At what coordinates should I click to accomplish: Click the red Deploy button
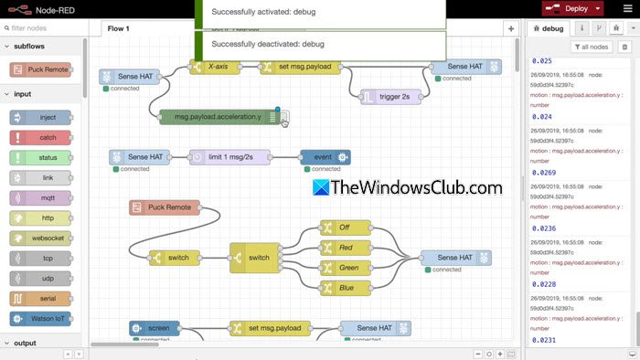tap(568, 8)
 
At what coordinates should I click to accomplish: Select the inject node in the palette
tap(41, 118)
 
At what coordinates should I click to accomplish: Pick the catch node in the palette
tap(41, 138)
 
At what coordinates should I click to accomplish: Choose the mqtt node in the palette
tap(41, 198)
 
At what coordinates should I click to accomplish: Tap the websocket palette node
tap(41, 238)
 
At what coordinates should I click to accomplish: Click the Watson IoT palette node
tap(41, 319)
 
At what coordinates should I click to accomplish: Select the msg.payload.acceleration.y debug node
tap(219, 117)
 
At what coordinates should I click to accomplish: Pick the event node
tap(324, 157)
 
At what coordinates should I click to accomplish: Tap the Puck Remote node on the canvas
tap(165, 207)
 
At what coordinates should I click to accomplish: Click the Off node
tap(344, 228)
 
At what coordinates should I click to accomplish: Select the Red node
tap(344, 248)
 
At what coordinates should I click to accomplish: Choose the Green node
tap(344, 268)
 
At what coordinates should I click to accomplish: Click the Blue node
tap(344, 288)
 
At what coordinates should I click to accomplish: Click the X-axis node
tap(219, 67)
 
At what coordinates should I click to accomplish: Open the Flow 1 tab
tap(119, 28)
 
